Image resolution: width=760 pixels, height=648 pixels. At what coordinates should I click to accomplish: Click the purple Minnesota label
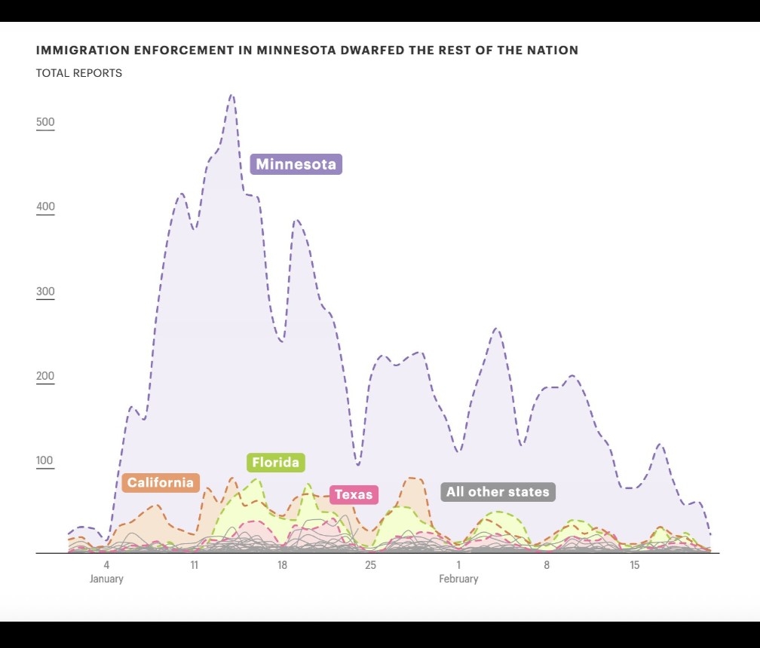pyautogui.click(x=296, y=164)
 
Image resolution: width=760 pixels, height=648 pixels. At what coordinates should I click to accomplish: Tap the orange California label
pyautogui.click(x=160, y=483)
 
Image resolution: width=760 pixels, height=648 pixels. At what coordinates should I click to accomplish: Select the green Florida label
pyautogui.click(x=275, y=463)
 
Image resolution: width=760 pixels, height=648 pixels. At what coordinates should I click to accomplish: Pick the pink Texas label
pyautogui.click(x=354, y=495)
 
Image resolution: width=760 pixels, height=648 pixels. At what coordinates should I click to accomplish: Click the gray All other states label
pyautogui.click(x=498, y=492)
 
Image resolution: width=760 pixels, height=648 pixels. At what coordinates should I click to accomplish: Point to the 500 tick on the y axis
pyautogui.click(x=45, y=123)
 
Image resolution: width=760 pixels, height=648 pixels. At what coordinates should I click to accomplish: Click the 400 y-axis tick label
pyautogui.click(x=45, y=207)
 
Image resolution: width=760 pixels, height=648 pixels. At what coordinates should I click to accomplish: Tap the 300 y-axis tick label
pyautogui.click(x=45, y=292)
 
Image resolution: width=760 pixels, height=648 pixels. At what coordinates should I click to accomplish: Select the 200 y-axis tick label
pyautogui.click(x=45, y=377)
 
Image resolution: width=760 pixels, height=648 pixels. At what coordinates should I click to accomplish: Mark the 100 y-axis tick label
pyautogui.click(x=45, y=461)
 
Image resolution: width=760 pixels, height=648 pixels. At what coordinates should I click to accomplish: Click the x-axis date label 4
pyautogui.click(x=106, y=565)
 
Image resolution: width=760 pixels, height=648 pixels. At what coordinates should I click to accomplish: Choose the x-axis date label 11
pyautogui.click(x=194, y=565)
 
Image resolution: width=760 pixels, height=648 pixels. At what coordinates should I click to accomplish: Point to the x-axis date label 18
pyautogui.click(x=282, y=565)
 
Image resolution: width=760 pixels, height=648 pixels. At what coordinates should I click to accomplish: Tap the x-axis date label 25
pyautogui.click(x=370, y=565)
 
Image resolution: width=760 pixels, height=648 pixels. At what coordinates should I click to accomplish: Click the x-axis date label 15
pyautogui.click(x=635, y=565)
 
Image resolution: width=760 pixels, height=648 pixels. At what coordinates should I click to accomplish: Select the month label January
pyautogui.click(x=106, y=579)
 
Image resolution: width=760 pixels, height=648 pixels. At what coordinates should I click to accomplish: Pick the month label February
pyautogui.click(x=458, y=579)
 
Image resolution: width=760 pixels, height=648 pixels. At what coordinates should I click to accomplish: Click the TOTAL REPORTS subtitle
pyautogui.click(x=79, y=73)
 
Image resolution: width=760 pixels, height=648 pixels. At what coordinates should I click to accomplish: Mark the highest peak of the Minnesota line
pyautogui.click(x=231, y=96)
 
